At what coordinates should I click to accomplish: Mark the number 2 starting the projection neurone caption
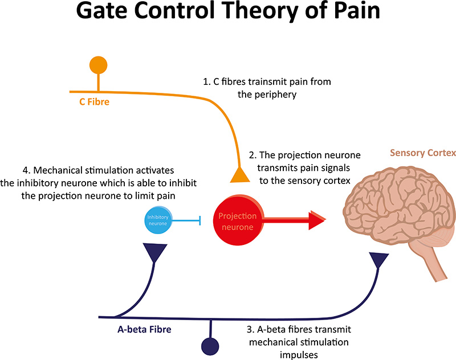click(x=251, y=155)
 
